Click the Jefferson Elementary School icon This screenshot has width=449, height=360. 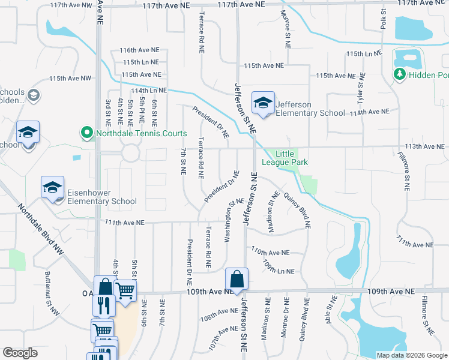pos(263,104)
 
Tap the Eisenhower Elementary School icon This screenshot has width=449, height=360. pos(52,188)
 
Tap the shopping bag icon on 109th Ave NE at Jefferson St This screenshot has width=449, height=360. pos(237,280)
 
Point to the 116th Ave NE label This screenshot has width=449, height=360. pos(140,50)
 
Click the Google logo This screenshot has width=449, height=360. pos(20,353)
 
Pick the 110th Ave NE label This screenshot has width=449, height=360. pos(270,252)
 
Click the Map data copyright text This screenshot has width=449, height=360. pos(411,355)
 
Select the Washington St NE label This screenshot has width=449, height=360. pos(229,223)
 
